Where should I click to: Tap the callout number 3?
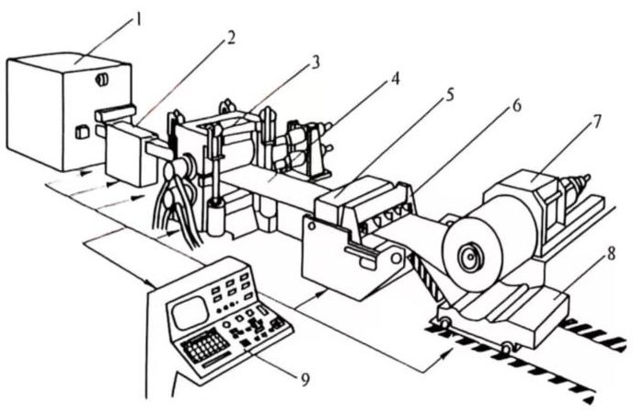[316, 63]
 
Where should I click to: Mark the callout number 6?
[516, 107]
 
